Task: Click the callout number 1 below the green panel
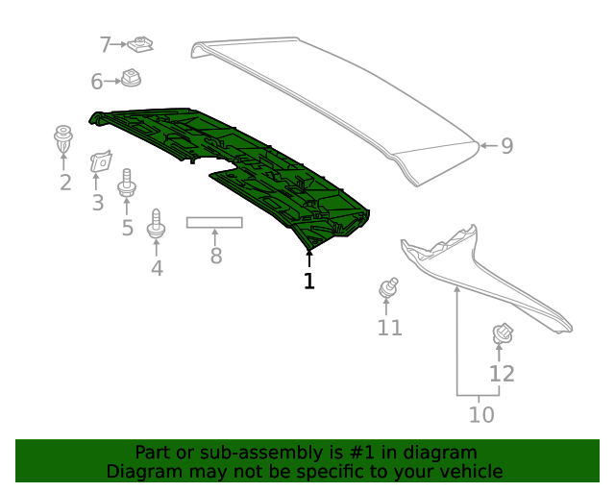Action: point(309,282)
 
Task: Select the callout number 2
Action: point(64,183)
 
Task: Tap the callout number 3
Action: point(97,203)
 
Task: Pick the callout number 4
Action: point(157,268)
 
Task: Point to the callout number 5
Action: point(127,228)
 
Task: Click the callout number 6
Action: point(97,83)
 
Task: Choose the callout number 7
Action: point(106,44)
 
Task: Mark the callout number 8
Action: point(215,256)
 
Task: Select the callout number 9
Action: point(506,146)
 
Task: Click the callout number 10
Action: point(480,414)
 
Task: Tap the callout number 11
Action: point(389,328)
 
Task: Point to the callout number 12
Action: point(502,374)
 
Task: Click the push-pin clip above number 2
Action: point(63,138)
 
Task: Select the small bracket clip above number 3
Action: point(99,163)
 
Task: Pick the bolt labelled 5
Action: point(126,183)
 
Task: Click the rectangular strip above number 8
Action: point(214,222)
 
